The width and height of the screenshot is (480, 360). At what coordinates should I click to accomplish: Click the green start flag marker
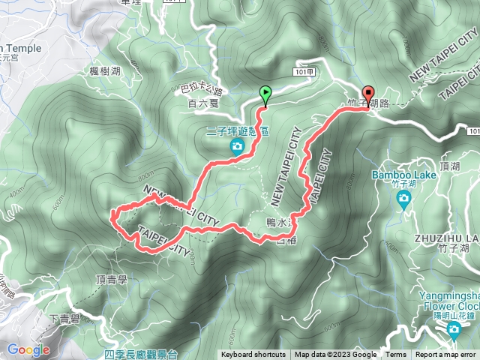tap(265, 94)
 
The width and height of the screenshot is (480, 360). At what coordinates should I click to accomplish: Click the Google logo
tap(28, 349)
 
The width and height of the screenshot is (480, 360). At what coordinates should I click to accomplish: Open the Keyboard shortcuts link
tap(253, 355)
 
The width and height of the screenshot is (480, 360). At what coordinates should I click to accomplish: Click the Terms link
tap(396, 355)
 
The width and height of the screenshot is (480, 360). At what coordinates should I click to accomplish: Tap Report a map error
tap(446, 355)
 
